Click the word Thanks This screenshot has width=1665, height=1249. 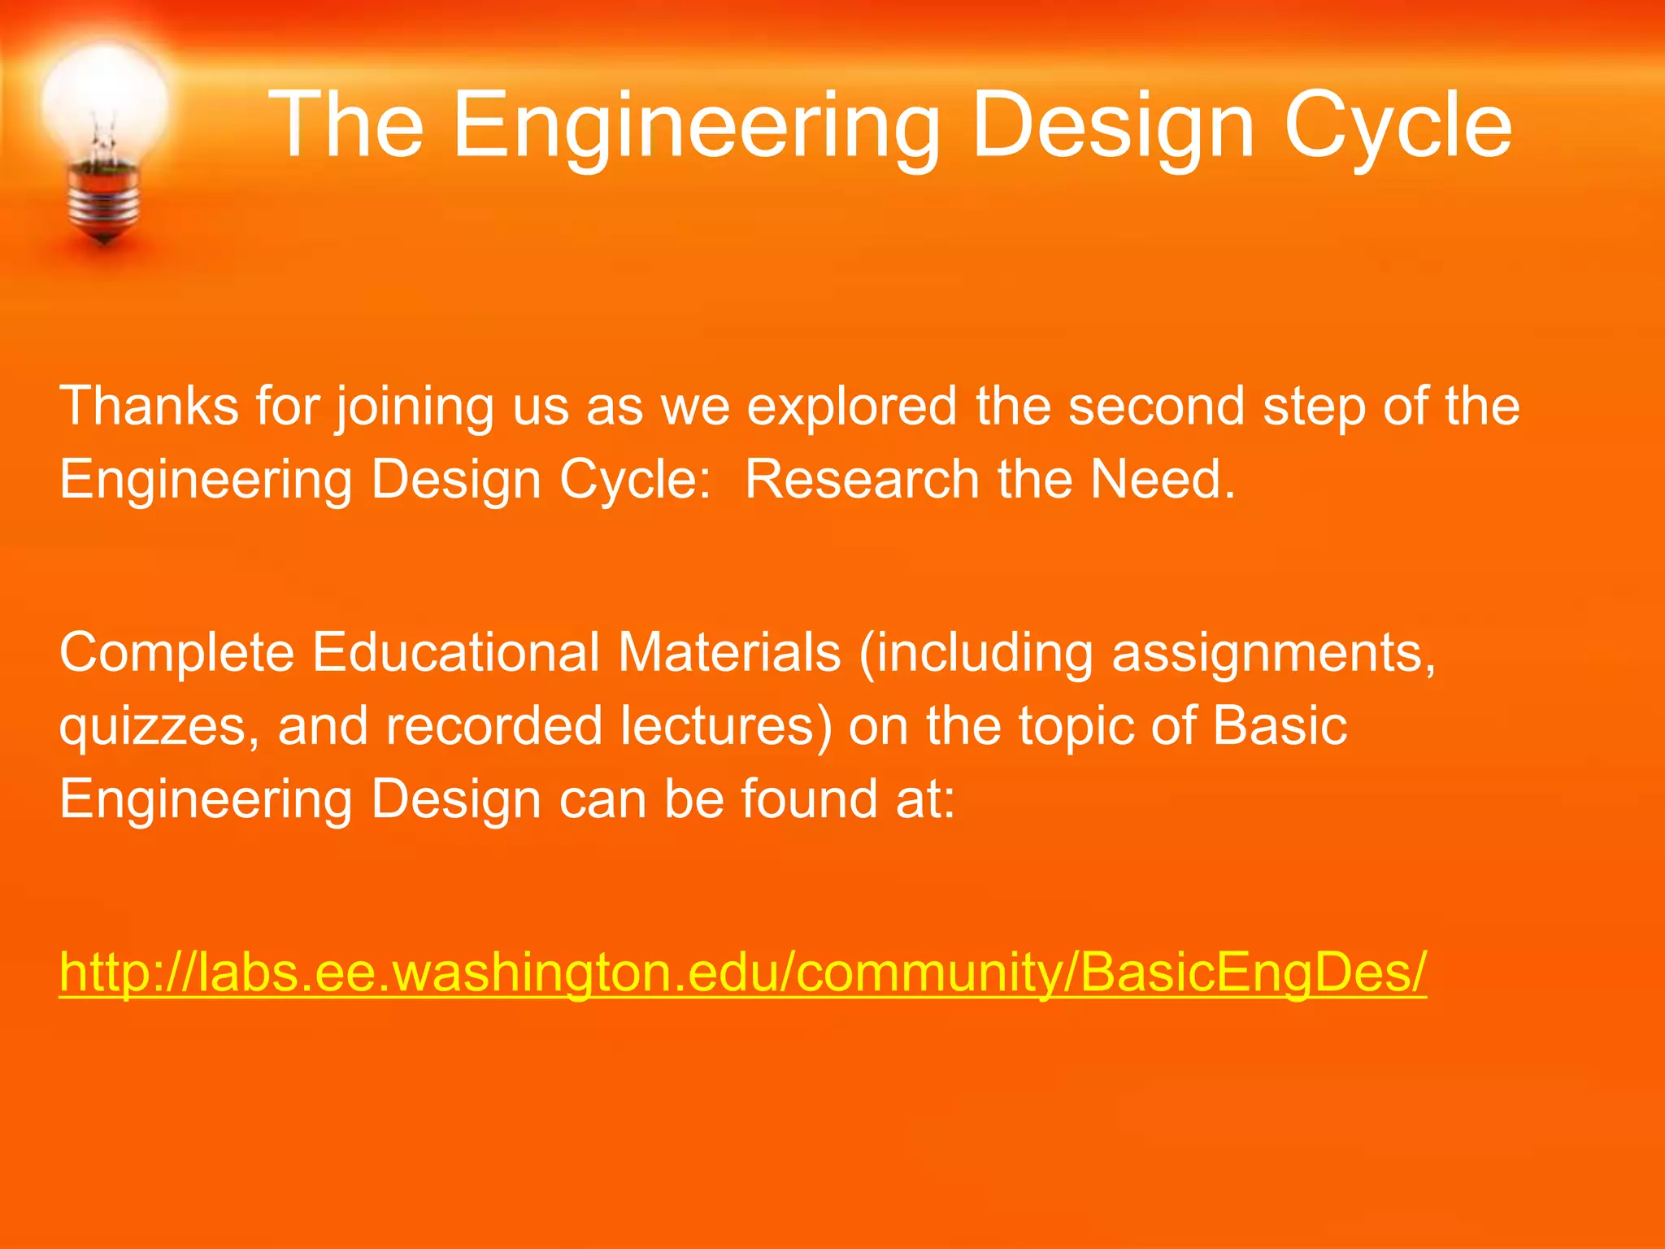tap(149, 406)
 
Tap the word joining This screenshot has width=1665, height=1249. tap(415, 406)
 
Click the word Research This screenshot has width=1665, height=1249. tap(862, 479)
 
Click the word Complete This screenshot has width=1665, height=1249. tap(176, 653)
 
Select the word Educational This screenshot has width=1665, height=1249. tap(456, 653)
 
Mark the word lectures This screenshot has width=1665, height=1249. tap(719, 726)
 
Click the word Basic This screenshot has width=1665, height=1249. tap(1280, 726)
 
